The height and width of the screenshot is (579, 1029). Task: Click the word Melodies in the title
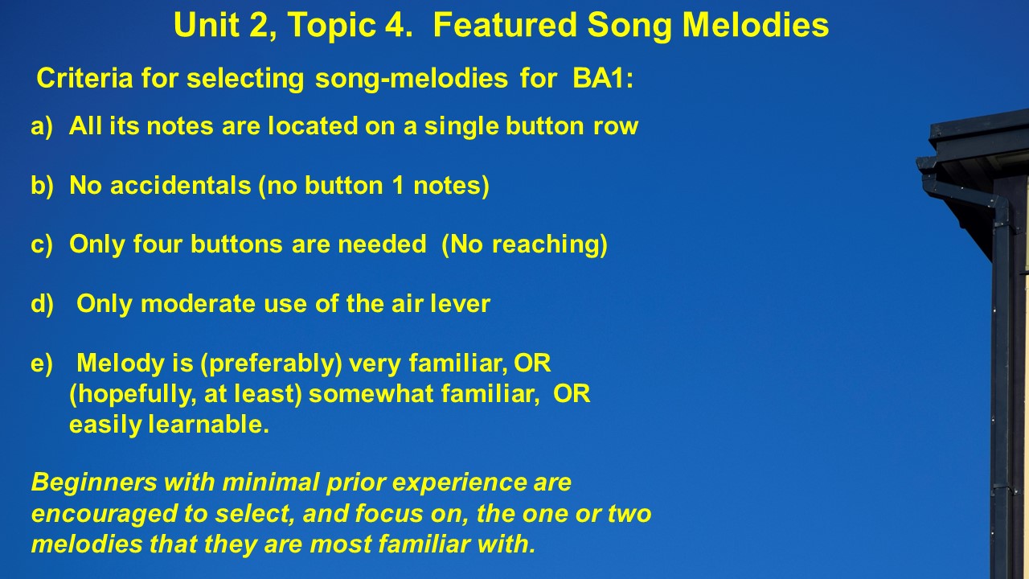(x=756, y=25)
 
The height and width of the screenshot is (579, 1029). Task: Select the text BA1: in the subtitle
(x=603, y=78)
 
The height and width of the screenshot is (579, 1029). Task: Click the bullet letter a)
(x=42, y=126)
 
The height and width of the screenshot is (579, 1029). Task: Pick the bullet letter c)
(x=42, y=244)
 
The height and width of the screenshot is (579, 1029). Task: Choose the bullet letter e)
(x=42, y=363)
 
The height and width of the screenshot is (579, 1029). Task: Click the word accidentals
(x=181, y=186)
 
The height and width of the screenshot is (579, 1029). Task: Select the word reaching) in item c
(x=550, y=244)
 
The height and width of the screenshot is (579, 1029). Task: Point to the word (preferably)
(x=272, y=364)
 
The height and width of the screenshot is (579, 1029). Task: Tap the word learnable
(x=208, y=424)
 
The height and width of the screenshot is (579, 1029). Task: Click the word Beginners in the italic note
(x=94, y=483)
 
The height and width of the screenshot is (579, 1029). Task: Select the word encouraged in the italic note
(x=105, y=514)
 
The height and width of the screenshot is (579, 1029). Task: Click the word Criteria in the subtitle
(x=84, y=78)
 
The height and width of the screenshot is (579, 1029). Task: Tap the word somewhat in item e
(x=371, y=394)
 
